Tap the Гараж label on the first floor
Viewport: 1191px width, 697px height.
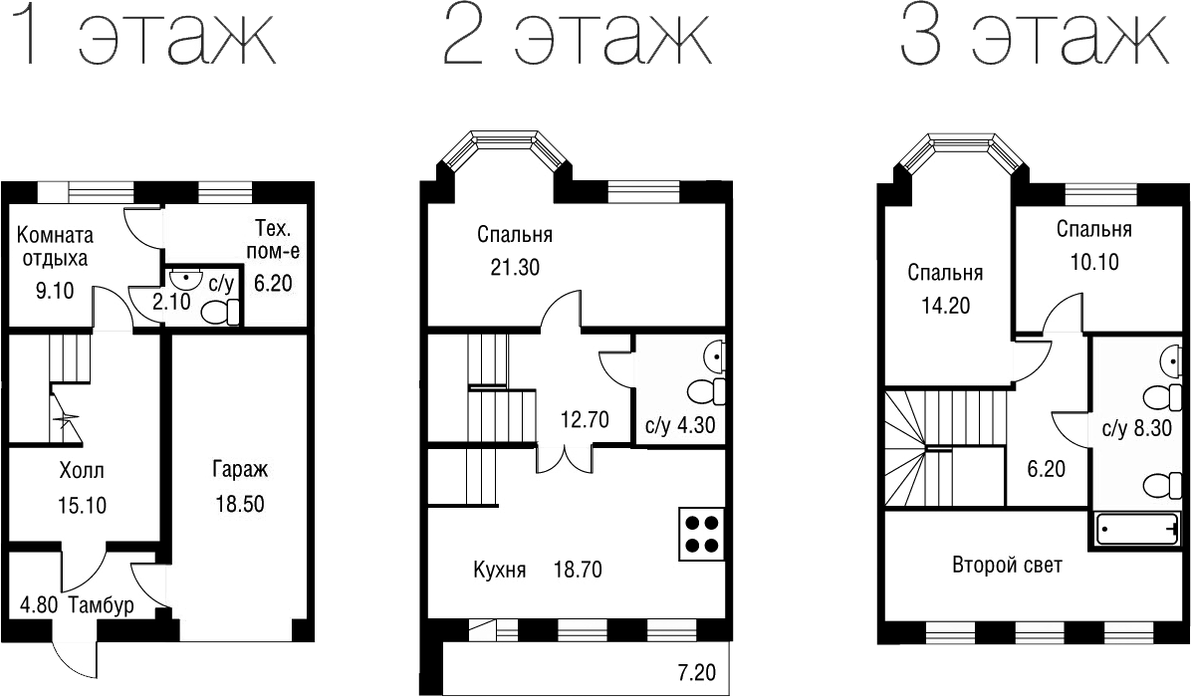click(x=240, y=469)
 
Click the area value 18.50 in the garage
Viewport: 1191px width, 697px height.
click(x=239, y=504)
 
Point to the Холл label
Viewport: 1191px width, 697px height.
click(x=82, y=470)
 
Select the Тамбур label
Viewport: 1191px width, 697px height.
click(x=102, y=604)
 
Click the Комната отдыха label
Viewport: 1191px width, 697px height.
click(x=55, y=247)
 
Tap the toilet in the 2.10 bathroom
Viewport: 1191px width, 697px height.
click(x=219, y=311)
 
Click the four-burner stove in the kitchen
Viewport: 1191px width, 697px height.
click(x=701, y=534)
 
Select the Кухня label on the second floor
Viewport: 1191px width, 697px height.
click(x=499, y=571)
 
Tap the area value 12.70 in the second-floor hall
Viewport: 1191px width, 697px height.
click(x=585, y=419)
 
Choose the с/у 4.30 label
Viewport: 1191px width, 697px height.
click(x=680, y=426)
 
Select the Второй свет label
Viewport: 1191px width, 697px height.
click(x=1007, y=566)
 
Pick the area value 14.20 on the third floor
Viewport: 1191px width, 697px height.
click(x=944, y=306)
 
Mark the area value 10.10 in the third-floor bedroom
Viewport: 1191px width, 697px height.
click(x=1093, y=263)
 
